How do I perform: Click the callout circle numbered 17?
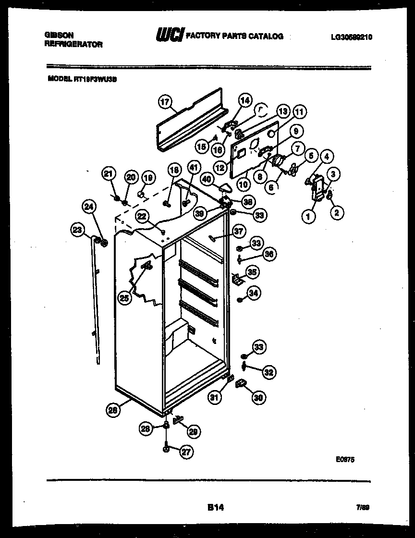(165, 102)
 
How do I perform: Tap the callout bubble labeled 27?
(185, 451)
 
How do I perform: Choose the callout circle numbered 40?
(207, 178)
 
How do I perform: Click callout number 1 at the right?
(308, 217)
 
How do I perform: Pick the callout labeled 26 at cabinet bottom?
(112, 410)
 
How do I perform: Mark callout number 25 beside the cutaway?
(124, 298)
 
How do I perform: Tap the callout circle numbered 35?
(252, 272)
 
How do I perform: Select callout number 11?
(299, 113)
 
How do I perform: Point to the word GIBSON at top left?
(59, 35)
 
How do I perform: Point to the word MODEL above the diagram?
(57, 81)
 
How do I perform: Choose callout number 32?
(269, 371)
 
